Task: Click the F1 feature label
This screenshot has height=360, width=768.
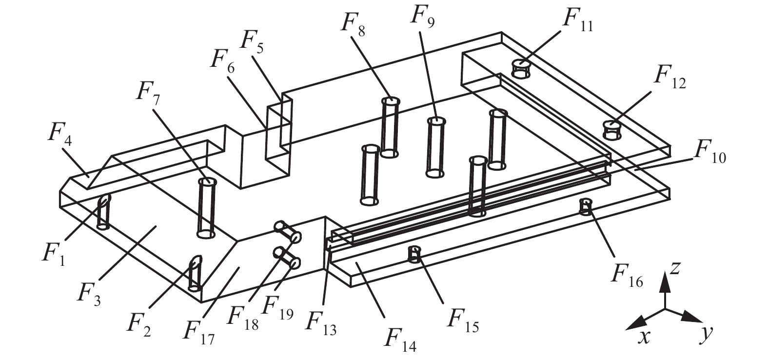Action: click(x=54, y=255)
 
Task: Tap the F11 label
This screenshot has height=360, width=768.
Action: click(x=578, y=20)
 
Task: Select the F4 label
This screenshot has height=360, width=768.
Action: click(x=59, y=134)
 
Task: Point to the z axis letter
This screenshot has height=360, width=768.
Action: click(x=674, y=269)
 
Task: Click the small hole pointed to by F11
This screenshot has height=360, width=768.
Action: click(x=520, y=69)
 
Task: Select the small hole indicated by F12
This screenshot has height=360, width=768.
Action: click(x=611, y=130)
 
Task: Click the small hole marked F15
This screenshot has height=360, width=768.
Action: click(x=414, y=254)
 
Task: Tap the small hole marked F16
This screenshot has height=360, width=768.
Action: click(x=586, y=206)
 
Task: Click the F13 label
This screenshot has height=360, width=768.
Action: click(x=321, y=323)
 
